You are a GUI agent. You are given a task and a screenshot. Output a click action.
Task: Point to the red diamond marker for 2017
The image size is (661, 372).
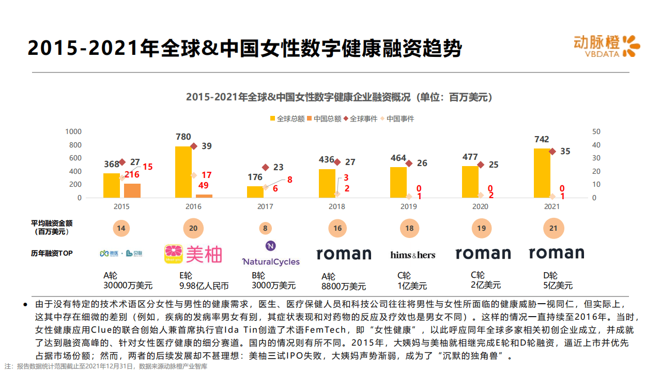coord(266,167)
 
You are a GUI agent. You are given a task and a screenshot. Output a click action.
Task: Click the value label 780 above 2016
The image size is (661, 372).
coord(183,137)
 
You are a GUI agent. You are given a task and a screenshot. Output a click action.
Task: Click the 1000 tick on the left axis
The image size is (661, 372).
coord(73,131)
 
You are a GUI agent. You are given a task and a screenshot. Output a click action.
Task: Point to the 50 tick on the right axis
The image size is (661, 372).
coord(596,131)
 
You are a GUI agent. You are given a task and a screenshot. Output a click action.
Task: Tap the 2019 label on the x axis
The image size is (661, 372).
coord(408,206)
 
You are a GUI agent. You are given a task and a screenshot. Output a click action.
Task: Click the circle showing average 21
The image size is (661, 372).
coord(554,228)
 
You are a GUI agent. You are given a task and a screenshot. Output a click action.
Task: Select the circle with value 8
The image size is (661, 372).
coord(265,228)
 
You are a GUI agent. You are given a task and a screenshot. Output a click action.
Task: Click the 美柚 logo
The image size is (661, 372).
coord(193,254)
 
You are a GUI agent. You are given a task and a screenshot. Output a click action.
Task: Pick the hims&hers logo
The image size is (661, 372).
coord(412,255)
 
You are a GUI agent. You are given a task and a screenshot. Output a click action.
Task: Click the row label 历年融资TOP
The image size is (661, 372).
coord(52,254)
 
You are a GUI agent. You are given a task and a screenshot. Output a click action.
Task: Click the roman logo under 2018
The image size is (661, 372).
coord(343,254)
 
